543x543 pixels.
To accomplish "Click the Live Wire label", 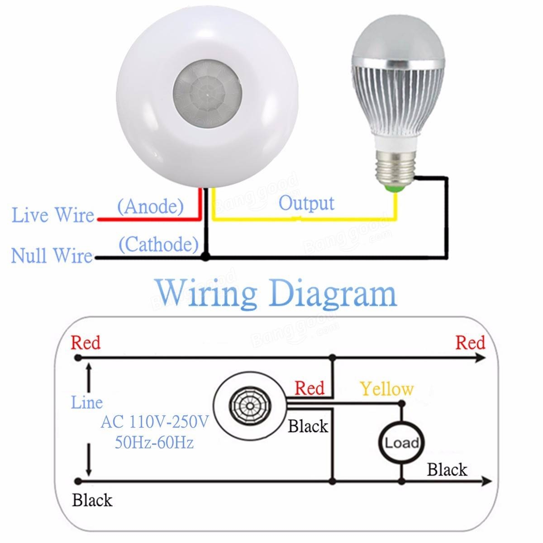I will click(x=53, y=215).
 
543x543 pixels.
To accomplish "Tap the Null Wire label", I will click(x=52, y=255).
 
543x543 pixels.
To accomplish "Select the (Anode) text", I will click(x=150, y=207).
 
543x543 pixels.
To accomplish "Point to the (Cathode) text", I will click(x=158, y=245).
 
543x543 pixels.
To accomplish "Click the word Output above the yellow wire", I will click(x=306, y=203).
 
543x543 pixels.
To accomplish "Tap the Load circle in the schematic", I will click(x=401, y=442).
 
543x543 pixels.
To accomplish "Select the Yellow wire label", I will click(x=387, y=389).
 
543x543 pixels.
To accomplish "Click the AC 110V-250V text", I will click(x=155, y=423).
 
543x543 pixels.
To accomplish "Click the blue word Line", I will click(x=87, y=402).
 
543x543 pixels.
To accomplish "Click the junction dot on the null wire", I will click(x=206, y=257).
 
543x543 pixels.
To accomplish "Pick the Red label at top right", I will click(x=470, y=343).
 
